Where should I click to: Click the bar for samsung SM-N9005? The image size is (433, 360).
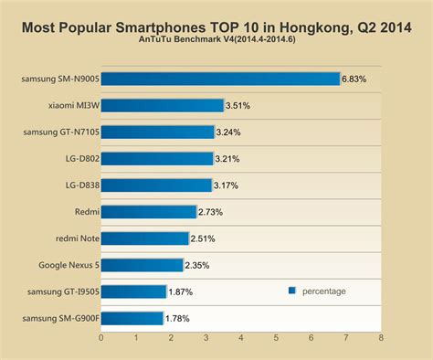(220, 79)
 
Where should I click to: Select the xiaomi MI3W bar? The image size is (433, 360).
(162, 105)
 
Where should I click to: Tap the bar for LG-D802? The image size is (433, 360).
(157, 158)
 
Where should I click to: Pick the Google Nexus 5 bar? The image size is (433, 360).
(142, 265)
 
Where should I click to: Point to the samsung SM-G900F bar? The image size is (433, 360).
(132, 318)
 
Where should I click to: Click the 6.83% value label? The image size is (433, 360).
(354, 79)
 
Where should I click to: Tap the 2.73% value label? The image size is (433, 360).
(210, 212)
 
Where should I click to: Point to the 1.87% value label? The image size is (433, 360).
(180, 292)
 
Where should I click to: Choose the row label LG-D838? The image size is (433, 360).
(77, 185)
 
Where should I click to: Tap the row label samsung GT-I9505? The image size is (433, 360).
(60, 292)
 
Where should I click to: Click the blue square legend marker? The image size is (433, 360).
(292, 291)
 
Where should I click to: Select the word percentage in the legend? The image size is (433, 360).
(324, 291)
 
